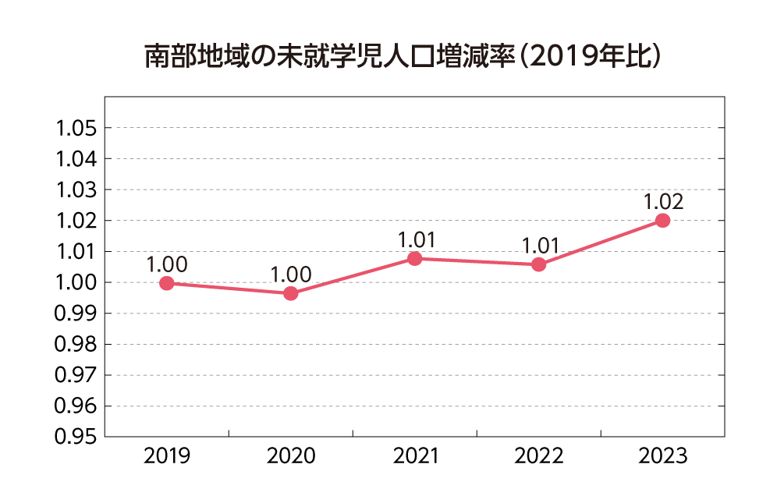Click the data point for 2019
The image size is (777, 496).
click(166, 283)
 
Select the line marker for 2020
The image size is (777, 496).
click(290, 294)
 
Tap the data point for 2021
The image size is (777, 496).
click(414, 258)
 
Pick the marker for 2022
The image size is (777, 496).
click(538, 264)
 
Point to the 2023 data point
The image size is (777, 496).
click(662, 221)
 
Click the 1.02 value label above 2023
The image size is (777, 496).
click(663, 202)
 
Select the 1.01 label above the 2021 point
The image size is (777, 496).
click(415, 239)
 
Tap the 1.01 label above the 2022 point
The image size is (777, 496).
click(540, 246)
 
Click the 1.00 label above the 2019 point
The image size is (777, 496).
click(167, 264)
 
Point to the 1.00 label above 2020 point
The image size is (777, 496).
click(291, 275)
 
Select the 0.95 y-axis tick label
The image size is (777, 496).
click(75, 438)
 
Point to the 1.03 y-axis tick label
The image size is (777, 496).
click(75, 190)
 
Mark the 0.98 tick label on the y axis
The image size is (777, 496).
click(75, 345)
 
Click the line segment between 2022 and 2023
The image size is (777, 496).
click(601, 243)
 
